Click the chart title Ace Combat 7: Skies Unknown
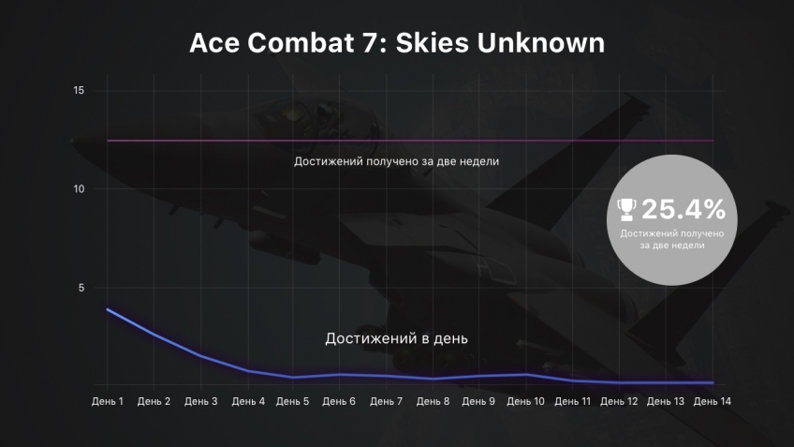coord(397,42)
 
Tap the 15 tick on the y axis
coord(79,90)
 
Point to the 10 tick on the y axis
coord(79,189)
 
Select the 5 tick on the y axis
coord(81,288)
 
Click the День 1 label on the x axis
coord(108,401)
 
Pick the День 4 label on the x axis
coord(248,401)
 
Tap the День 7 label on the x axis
coord(386,401)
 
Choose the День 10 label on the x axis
coord(525,401)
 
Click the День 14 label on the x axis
coord(712,401)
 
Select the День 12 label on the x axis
coord(619,401)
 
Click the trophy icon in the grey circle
coord(626,209)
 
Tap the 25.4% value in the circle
coord(684,209)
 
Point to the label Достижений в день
coord(396,338)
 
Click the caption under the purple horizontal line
coord(396,161)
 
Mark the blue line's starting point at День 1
coord(108,309)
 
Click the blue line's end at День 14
coord(713,382)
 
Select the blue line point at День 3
coord(201,356)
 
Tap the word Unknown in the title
coord(541,42)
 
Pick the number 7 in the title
coord(370,42)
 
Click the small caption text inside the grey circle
coord(672,239)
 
